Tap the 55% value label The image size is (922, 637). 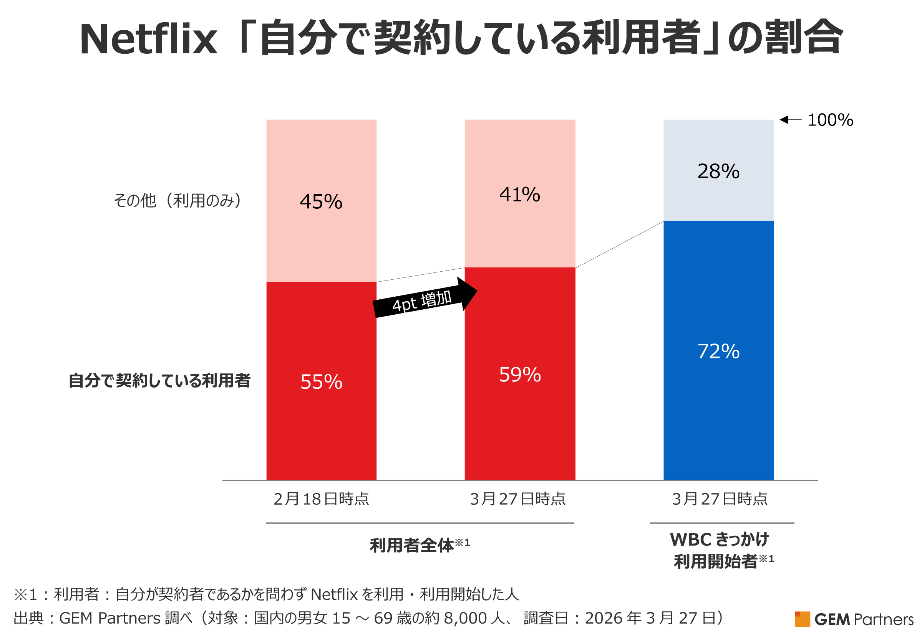coord(321,382)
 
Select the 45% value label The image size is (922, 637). coord(321,201)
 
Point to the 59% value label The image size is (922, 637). coord(520,375)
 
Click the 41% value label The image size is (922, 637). coord(520,195)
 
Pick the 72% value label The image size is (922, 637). coord(718,351)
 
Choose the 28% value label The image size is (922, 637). coord(718,171)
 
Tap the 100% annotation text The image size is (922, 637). coord(830,120)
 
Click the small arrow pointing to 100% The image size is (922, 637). coord(790,120)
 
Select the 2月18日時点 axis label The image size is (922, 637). coord(321,499)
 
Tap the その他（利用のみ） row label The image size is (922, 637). coord(178,200)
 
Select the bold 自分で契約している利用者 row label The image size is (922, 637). coord(159,380)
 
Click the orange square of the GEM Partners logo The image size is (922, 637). coord(802,619)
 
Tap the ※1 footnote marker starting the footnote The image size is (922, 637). coord(26,595)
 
